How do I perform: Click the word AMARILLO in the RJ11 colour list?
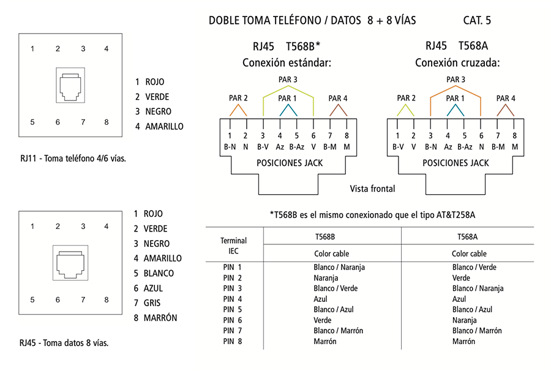(x=164, y=127)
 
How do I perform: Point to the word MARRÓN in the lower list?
(x=160, y=318)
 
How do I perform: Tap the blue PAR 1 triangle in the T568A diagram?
(x=455, y=110)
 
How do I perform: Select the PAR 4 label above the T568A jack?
(x=506, y=99)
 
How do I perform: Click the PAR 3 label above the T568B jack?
(x=288, y=80)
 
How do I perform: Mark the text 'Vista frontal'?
(x=372, y=189)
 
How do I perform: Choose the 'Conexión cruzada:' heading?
(x=457, y=63)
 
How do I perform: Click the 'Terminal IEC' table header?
(x=233, y=246)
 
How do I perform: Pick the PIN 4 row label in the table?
(x=233, y=299)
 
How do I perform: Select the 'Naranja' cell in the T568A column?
(x=464, y=320)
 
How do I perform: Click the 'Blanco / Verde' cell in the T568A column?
(x=474, y=267)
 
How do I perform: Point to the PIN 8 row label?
(x=233, y=342)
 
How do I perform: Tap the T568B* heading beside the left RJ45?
(x=303, y=46)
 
